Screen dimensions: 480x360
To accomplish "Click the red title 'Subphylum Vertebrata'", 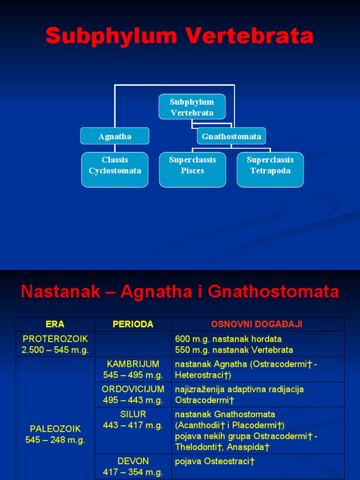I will coord(180,36).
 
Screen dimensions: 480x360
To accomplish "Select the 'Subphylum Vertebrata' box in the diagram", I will coord(192,107).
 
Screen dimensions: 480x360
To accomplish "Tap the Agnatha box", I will coord(115,136).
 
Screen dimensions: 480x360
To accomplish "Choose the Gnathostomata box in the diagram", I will coord(231,136).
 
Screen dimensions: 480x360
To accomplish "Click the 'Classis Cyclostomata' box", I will coord(115,165).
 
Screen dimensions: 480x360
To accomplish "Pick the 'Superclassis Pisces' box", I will coord(192,165).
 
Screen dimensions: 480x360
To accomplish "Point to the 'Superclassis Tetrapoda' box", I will coord(270,165).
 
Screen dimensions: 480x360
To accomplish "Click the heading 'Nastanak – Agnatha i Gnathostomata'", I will coord(180,292).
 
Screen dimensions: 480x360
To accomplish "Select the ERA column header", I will coord(55,324).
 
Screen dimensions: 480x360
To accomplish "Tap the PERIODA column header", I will coord(133,324).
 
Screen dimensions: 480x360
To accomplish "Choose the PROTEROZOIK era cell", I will coord(55,344).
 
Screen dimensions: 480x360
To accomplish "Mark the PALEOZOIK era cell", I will coord(55,434).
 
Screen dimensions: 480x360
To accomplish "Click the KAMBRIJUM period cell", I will coord(133,369).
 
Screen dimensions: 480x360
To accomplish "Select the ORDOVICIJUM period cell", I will coord(133,395).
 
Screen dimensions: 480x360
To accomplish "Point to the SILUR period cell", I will coord(133,420).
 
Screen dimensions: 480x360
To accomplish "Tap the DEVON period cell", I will coord(133,467).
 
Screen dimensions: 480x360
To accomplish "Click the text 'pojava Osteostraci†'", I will coord(215,462).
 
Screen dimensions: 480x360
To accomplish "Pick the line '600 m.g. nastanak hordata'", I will coord(228,339).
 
